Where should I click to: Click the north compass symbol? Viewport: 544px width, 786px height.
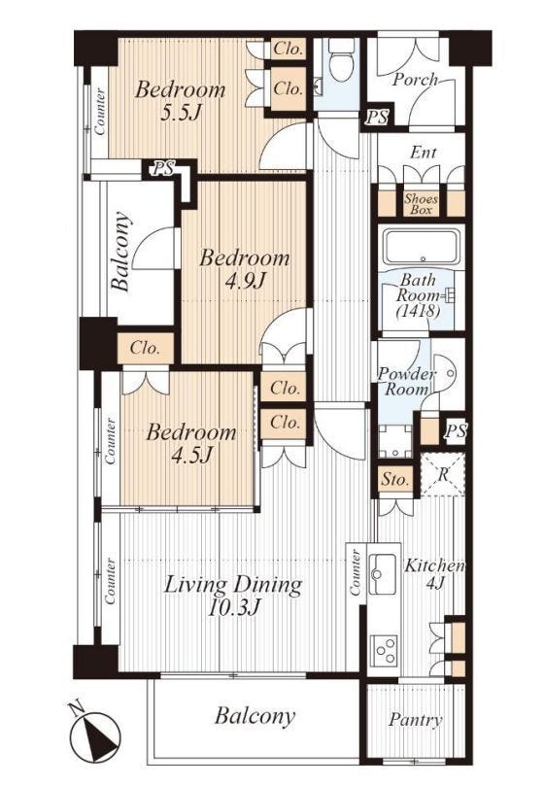pos(94,734)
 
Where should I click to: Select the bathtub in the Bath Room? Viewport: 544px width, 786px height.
pos(423,248)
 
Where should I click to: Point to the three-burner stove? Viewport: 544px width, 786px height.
pos(383,650)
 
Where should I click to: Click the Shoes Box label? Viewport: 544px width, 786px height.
pos(421,205)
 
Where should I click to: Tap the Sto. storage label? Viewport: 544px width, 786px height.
pos(395,480)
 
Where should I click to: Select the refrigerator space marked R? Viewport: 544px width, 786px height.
pos(443,474)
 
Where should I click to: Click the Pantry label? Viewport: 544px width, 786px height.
pos(415,720)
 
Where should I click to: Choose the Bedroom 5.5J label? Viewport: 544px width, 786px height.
pos(180,101)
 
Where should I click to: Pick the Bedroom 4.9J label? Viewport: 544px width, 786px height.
pos(245,270)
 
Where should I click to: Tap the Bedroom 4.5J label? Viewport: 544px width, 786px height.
pos(191,443)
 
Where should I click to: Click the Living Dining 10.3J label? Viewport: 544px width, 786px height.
pos(234,596)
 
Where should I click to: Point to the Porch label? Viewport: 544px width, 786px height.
pos(415,80)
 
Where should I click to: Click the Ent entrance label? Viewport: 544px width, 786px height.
pos(424,153)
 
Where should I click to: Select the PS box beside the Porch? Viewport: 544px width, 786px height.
pos(377,117)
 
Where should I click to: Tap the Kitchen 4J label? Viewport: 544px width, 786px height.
pos(434,573)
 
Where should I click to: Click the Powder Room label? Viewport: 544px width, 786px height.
pos(406,382)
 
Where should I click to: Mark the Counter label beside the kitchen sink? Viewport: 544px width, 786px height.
pos(355,572)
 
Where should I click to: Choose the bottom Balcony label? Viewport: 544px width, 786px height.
pos(255,716)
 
